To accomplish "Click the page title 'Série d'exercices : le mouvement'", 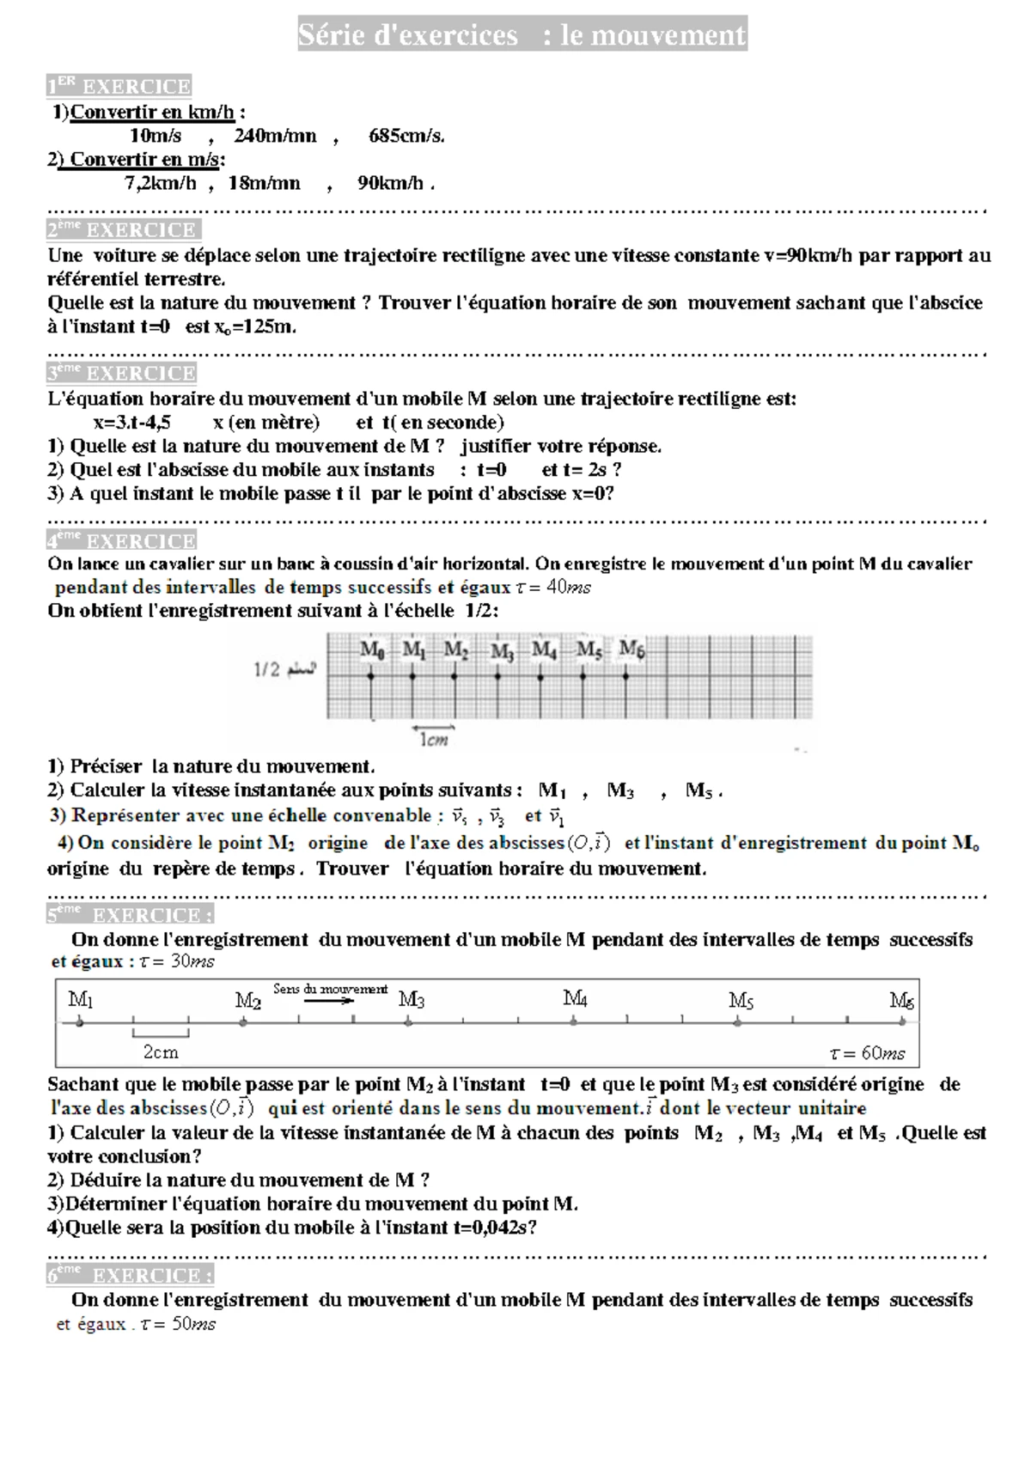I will click(522, 35).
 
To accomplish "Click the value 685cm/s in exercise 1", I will click(406, 136).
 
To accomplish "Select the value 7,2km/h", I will click(160, 183).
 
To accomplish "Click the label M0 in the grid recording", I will click(371, 650).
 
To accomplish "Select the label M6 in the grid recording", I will click(631, 649).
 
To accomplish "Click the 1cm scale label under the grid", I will click(434, 740).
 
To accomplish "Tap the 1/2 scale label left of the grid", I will click(267, 670).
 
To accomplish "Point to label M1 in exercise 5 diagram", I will click(80, 1000).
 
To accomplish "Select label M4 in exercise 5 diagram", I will click(575, 998).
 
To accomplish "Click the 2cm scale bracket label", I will click(161, 1052).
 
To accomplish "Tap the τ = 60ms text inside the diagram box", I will click(867, 1053).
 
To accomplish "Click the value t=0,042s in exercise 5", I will click(490, 1228).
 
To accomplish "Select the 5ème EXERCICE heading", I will click(130, 915).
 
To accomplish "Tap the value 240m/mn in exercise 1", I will click(275, 136).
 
